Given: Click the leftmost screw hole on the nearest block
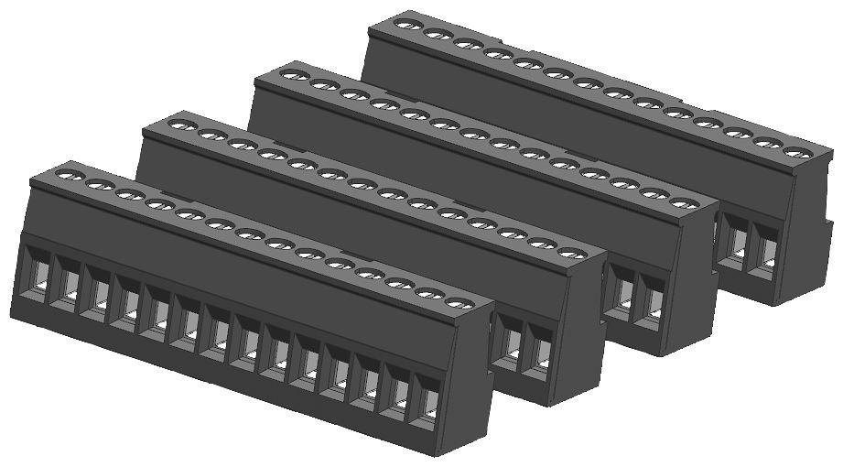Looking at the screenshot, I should point(68,174).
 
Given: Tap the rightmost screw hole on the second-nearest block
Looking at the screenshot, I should point(571,253).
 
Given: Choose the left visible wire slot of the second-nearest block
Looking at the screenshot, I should point(511,341).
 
